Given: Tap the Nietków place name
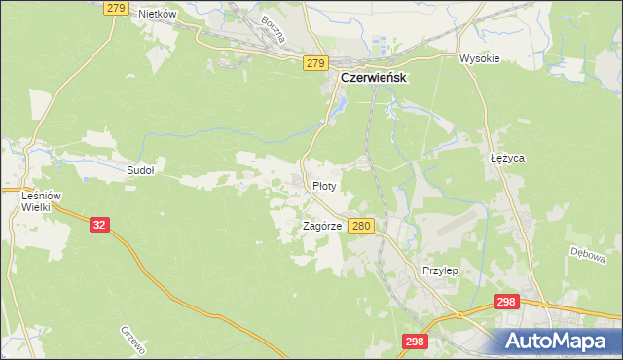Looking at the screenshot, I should [x=157, y=14].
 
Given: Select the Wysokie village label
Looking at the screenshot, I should [x=479, y=58].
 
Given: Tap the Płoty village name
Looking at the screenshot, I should [x=324, y=185].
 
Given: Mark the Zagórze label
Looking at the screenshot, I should [x=322, y=225].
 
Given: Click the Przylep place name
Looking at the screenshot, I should [x=440, y=270].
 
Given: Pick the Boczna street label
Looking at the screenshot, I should [x=273, y=32].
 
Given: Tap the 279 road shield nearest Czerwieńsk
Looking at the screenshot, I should [x=313, y=63].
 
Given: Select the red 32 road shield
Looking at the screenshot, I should [x=99, y=224].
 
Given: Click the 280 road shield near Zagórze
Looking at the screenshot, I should [x=361, y=225].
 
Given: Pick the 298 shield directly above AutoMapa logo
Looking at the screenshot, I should [x=505, y=303].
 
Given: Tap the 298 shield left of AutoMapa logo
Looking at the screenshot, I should [x=415, y=341].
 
